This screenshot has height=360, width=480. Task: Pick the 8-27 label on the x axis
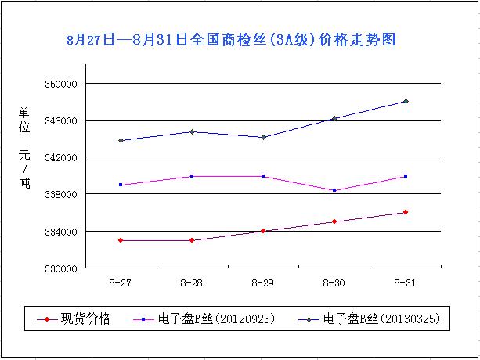click(121, 282)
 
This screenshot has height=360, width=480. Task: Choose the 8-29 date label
click(263, 282)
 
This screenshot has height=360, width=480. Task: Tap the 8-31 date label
click(406, 282)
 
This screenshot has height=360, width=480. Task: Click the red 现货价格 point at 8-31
click(406, 212)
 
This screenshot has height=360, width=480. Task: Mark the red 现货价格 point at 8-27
click(121, 240)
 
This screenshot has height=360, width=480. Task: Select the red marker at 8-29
click(263, 231)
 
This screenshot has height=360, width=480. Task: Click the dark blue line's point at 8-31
click(406, 101)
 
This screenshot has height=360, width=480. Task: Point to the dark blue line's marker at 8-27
click(121, 141)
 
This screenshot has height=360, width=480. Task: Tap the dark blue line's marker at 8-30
click(334, 118)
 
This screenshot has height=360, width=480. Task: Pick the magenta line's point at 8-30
click(334, 190)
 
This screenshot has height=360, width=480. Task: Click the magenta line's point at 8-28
click(192, 176)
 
